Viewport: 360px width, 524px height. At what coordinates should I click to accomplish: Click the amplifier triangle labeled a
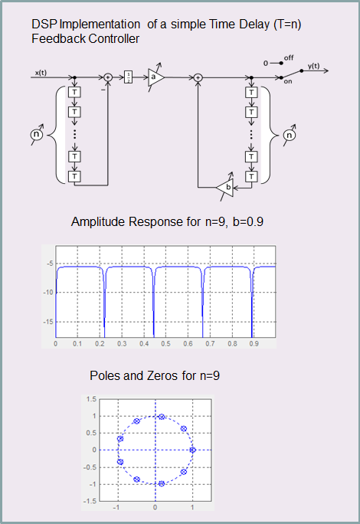[155, 77]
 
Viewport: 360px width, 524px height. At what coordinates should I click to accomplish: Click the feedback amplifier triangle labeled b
[226, 188]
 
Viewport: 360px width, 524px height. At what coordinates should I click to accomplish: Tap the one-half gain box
[128, 77]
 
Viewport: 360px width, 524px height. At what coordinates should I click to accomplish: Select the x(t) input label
[41, 73]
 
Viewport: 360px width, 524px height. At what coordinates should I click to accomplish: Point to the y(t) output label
[313, 66]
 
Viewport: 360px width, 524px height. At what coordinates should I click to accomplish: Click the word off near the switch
[289, 57]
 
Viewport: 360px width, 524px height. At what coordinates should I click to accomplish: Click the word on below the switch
[287, 81]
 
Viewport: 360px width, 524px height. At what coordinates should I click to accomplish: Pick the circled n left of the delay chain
[37, 134]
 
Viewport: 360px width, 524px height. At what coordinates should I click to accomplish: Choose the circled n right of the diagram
[289, 135]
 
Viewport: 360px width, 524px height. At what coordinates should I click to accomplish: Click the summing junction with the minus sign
[108, 77]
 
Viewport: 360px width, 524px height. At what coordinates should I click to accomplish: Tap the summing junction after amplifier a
[198, 77]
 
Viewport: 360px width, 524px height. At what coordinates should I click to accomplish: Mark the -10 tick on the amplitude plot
[48, 293]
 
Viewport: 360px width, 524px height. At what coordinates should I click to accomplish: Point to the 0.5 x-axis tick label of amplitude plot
[165, 343]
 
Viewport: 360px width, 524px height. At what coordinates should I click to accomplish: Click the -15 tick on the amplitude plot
[48, 322]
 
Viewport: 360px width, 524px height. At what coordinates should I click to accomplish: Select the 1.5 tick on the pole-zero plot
[91, 399]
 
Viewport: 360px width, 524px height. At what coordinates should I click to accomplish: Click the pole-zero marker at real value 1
[192, 450]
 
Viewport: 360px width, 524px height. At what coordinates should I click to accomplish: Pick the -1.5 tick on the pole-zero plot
[90, 501]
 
